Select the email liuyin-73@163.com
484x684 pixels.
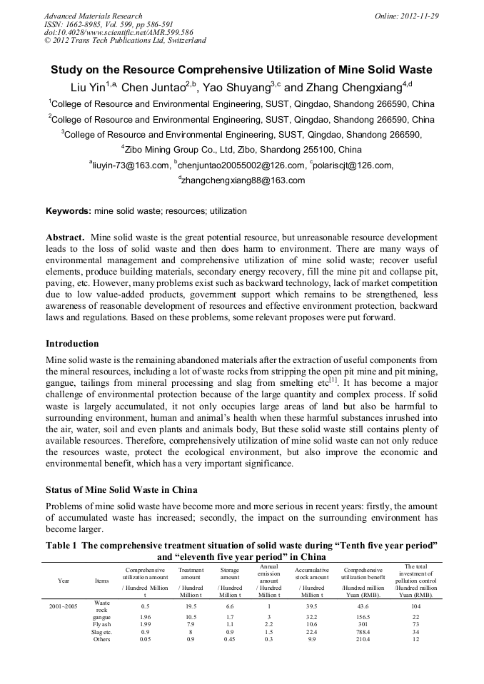131,165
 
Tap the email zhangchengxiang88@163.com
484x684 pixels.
243,180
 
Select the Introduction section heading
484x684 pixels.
72,344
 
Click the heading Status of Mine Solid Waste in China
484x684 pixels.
126,490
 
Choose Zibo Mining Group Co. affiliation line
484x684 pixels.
242,150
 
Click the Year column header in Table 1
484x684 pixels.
65,580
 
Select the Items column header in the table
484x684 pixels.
102,580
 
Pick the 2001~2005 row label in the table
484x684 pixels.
65,605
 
